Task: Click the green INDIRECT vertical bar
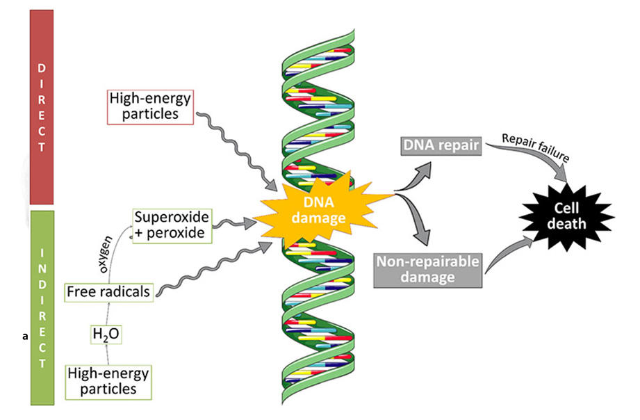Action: [42, 306]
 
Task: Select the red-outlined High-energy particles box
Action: [149, 107]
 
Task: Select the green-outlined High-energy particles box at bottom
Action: [108, 381]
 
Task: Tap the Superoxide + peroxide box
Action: [170, 224]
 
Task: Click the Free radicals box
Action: [108, 292]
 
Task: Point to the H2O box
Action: [106, 334]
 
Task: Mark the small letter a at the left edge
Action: [25, 336]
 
